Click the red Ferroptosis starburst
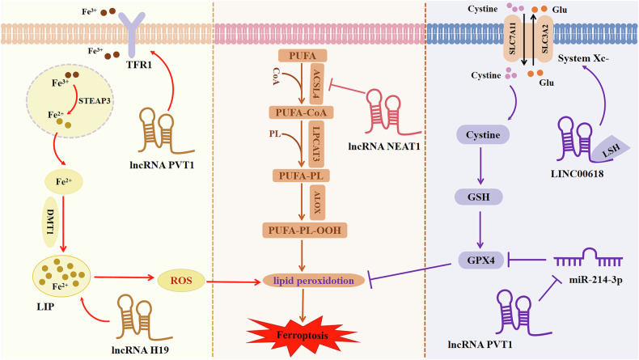(x=303, y=335)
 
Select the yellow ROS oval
(x=181, y=281)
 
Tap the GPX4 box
(x=481, y=260)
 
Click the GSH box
(x=478, y=197)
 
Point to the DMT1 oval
(x=51, y=222)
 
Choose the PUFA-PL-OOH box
(x=305, y=230)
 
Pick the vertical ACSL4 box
(x=317, y=83)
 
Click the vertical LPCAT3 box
(x=316, y=144)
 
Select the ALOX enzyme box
(x=317, y=202)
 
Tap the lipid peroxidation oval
(x=314, y=281)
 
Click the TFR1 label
(x=139, y=65)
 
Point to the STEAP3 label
(x=95, y=100)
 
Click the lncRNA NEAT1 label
(x=384, y=146)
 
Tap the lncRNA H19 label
(x=140, y=349)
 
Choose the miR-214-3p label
(x=596, y=280)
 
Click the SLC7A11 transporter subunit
(x=513, y=39)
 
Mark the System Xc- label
(x=583, y=58)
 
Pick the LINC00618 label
(x=577, y=174)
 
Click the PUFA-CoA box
(x=301, y=112)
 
